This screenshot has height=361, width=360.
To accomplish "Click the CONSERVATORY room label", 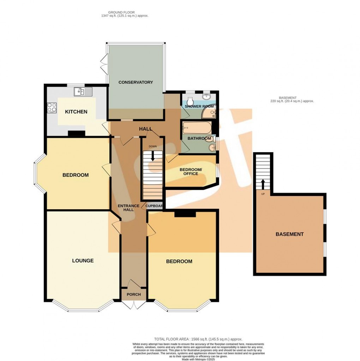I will (136, 82).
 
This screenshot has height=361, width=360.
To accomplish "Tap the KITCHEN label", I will (76, 112).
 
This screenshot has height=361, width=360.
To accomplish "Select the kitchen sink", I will (83, 92).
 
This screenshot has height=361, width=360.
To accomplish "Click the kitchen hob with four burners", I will (52, 107).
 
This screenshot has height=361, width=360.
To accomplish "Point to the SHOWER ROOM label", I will (199, 106).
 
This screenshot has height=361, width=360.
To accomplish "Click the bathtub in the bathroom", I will (196, 127).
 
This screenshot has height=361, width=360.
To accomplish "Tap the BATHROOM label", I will (199, 138).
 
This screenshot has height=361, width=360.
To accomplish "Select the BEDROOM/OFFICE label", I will (191, 171).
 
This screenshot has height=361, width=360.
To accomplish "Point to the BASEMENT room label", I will (289, 234).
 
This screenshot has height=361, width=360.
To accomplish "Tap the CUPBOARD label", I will (155, 206).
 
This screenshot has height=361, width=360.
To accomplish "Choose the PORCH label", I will (133, 294).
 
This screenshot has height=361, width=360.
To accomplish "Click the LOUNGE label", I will (83, 261).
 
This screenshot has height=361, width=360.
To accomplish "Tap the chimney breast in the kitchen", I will (76, 133).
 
